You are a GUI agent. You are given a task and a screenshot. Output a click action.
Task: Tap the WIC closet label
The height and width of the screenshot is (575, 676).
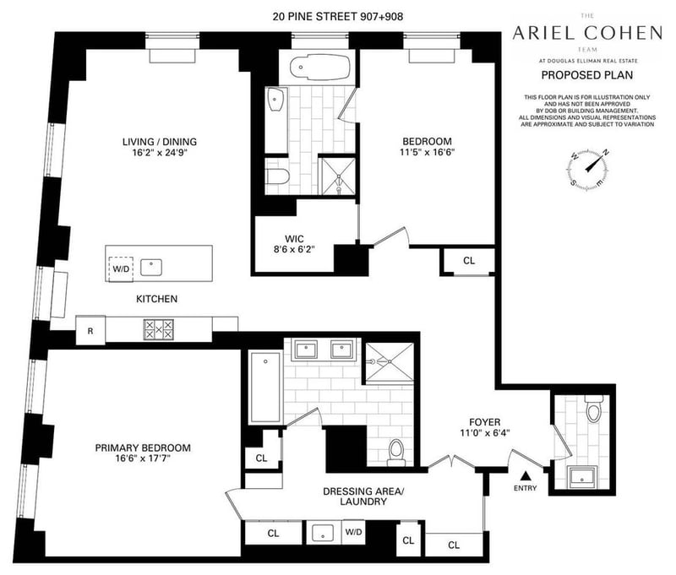[292, 237]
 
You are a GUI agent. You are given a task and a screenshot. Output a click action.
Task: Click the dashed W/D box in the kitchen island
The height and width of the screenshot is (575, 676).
[121, 269]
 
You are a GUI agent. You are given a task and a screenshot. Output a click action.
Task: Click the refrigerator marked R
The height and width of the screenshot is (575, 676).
[90, 330]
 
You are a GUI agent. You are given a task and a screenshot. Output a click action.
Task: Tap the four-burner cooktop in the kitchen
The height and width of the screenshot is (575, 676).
[158, 329]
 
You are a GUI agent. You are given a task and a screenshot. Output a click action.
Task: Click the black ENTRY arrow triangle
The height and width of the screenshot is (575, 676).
[524, 476]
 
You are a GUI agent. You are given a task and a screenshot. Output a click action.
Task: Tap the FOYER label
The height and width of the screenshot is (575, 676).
[486, 421]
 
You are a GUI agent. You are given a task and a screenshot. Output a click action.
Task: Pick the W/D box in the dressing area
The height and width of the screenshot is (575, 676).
[353, 533]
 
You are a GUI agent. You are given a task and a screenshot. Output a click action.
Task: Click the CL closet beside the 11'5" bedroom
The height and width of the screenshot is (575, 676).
[469, 261]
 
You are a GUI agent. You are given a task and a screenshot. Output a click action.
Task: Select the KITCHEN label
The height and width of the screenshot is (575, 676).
[157, 299]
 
